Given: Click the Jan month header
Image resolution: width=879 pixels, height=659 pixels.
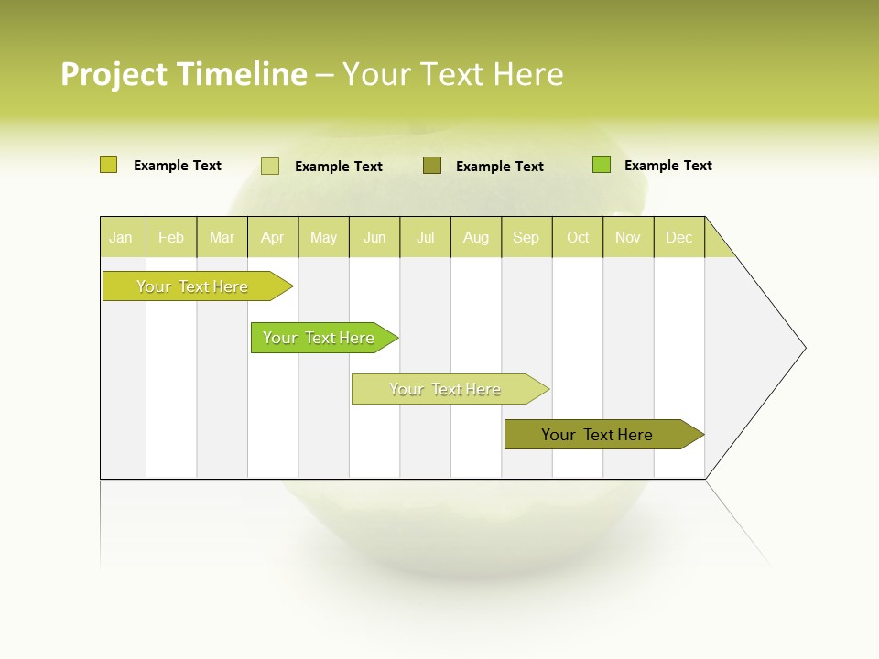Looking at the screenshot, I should tap(121, 237).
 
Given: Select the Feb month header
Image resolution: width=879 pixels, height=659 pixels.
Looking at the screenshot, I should tap(171, 237).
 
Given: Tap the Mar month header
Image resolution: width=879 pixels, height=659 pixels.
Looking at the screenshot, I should tap(222, 237).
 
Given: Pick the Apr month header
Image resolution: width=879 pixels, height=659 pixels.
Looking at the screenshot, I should tap(272, 237).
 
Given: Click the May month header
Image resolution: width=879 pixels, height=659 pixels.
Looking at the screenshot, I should tap(323, 237).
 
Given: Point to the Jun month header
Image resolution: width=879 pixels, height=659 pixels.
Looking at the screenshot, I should tap(374, 237).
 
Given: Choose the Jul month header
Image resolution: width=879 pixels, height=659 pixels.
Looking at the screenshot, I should tap(425, 237).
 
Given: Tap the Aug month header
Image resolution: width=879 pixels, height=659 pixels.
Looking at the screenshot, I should tap(475, 237).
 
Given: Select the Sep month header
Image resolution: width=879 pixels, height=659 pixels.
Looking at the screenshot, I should tap(526, 237).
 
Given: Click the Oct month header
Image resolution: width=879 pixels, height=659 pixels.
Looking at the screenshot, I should tap(578, 237).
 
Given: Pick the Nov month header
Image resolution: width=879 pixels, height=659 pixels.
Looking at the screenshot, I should tap(628, 237).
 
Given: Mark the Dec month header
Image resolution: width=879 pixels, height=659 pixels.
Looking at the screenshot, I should tap(678, 237).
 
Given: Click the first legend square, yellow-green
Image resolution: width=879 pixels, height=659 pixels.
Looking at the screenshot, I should tap(108, 165).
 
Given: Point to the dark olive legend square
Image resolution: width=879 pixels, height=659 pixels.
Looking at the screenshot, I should tap(432, 165).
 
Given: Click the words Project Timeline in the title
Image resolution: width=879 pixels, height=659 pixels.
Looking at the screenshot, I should tap(184, 74).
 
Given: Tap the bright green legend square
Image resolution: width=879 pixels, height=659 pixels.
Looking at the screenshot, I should tap(601, 165).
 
